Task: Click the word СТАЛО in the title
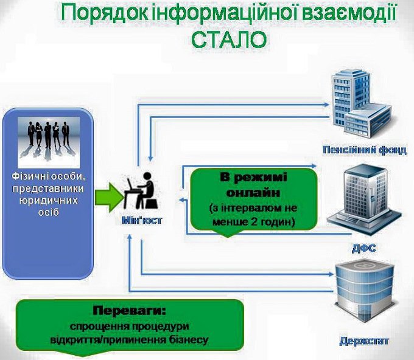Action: [229, 40]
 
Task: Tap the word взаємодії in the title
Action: [349, 12]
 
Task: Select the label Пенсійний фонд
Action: [365, 150]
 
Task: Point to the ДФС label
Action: [363, 248]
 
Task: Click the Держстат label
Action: [364, 341]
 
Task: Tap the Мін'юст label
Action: [142, 221]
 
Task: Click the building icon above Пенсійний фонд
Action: [361, 103]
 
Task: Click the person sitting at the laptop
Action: [142, 190]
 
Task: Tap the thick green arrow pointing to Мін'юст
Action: [110, 197]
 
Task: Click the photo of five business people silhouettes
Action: [49, 142]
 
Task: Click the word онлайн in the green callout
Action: [253, 193]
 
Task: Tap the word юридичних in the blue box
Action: [48, 201]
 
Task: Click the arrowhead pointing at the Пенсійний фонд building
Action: [327, 105]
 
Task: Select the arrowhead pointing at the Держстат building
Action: [331, 274]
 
